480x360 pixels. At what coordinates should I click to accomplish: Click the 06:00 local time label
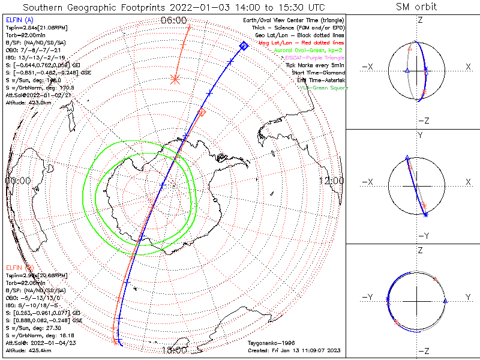click(173, 20)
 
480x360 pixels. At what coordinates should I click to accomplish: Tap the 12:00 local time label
click(332, 181)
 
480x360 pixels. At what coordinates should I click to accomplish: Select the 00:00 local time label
click(18, 181)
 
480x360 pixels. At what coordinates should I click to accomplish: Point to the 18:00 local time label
click(173, 350)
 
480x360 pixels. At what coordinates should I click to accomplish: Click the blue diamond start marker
click(244, 46)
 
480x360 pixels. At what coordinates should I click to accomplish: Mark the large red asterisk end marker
click(175, 79)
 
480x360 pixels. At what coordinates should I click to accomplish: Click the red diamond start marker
click(202, 112)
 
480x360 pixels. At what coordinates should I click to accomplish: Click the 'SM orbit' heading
click(416, 7)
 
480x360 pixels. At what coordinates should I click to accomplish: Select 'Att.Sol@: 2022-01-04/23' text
click(35, 342)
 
